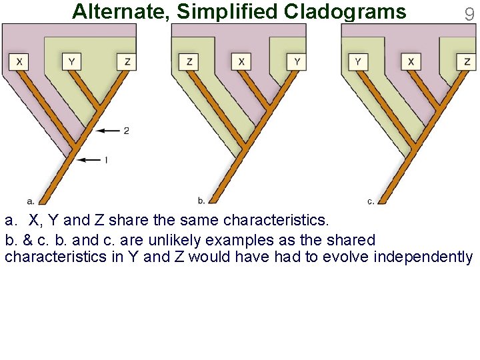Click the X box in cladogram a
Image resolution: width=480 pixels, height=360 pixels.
(x=19, y=62)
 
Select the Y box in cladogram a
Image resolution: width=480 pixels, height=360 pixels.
(x=71, y=62)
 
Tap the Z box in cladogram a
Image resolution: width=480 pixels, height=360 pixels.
(x=127, y=62)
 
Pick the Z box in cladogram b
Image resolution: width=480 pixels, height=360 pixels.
(x=190, y=62)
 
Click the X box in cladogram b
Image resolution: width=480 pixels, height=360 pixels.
(x=242, y=62)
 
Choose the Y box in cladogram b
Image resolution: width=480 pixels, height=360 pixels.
(x=297, y=62)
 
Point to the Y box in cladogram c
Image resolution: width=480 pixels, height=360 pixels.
(x=359, y=62)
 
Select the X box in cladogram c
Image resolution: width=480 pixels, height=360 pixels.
(x=411, y=62)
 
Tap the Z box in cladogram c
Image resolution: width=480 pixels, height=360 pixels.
(x=467, y=62)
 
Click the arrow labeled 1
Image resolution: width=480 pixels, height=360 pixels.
(x=89, y=160)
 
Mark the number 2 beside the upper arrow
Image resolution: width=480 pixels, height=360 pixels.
(x=126, y=131)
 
